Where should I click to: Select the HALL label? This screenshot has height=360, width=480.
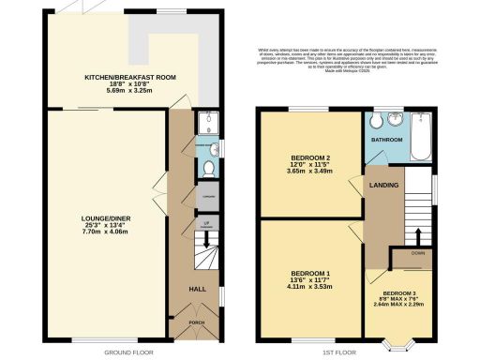coord(199,290)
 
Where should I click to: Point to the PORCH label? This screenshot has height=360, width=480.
coord(197,322)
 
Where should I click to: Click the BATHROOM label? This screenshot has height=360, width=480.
coord(384,140)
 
